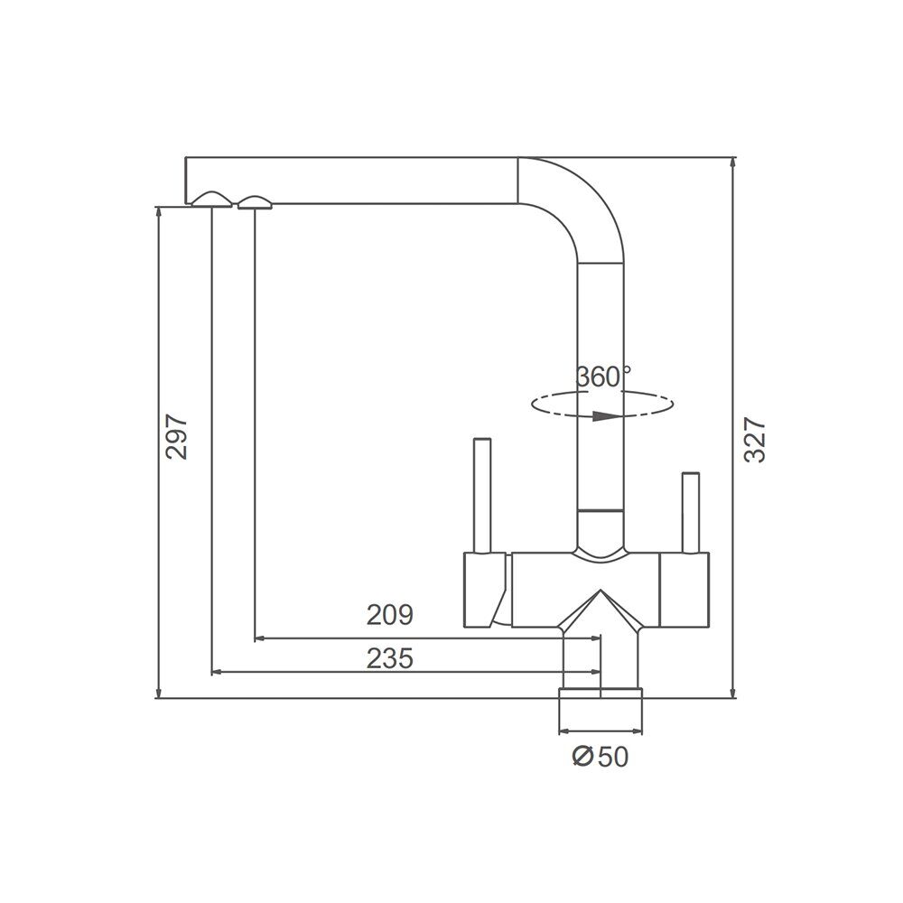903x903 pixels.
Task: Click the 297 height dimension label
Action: pyautogui.click(x=177, y=436)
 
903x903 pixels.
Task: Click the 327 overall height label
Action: pyautogui.click(x=754, y=440)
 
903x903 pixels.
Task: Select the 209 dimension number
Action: pyautogui.click(x=390, y=615)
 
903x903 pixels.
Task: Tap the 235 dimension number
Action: pyautogui.click(x=390, y=658)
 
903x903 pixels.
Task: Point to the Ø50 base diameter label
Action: pyautogui.click(x=600, y=756)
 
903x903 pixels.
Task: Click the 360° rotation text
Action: pyautogui.click(x=603, y=377)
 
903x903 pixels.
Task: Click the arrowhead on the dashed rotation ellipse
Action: pyautogui.click(x=607, y=415)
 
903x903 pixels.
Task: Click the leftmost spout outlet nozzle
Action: pyautogui.click(x=212, y=199)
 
